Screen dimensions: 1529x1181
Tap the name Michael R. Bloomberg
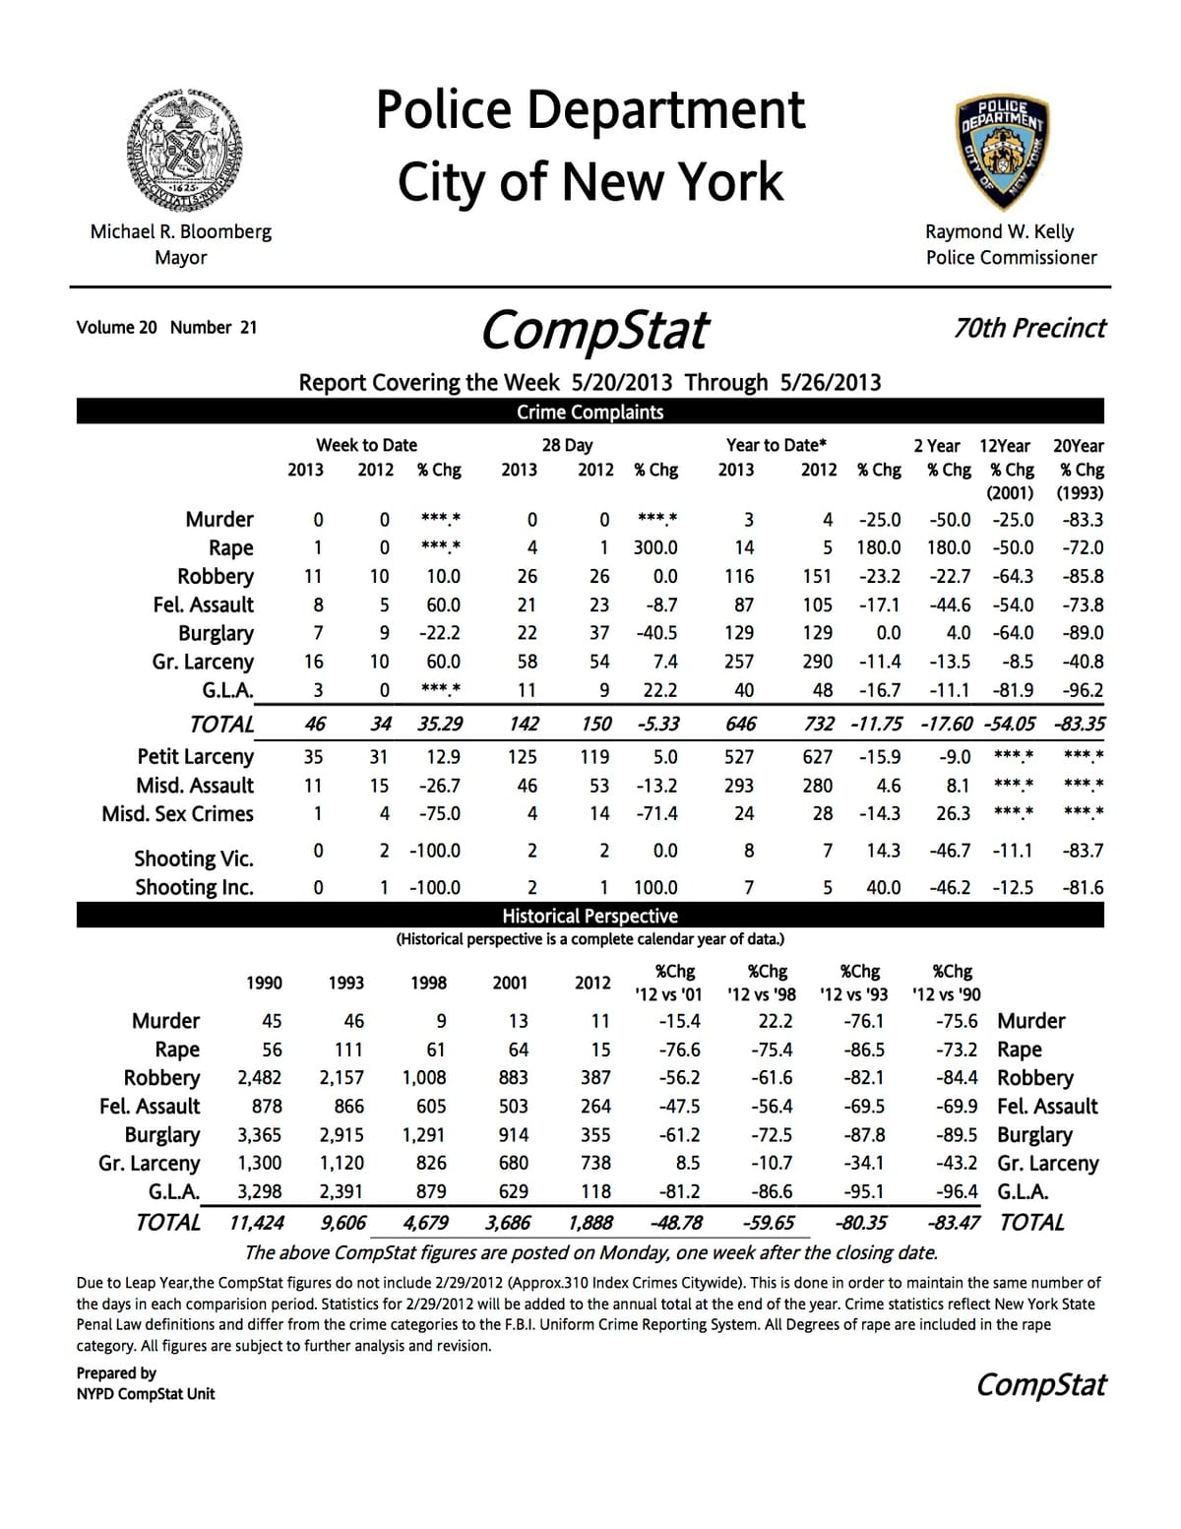pos(181,231)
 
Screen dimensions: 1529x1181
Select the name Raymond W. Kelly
pos(999,231)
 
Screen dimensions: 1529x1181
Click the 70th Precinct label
pos(1029,328)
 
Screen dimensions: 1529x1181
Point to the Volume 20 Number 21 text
pos(166,328)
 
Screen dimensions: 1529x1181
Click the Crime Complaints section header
pos(590,413)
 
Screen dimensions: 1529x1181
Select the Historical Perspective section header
pos(590,916)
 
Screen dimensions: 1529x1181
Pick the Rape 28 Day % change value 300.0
pos(654,548)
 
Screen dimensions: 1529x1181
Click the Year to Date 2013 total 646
pos(740,725)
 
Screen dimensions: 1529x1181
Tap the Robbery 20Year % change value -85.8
pos(1083,577)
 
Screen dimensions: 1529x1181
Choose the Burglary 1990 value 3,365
pos(259,1135)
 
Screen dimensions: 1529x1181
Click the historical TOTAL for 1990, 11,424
pos(257,1223)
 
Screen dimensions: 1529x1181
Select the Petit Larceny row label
pos(195,757)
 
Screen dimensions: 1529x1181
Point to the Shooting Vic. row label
pos(194,859)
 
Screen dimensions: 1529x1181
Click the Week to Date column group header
pos(366,445)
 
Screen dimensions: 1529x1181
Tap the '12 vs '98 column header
pos(761,994)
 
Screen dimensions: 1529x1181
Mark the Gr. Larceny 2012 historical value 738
pos(595,1164)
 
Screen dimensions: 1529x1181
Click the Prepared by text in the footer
pos(116,1373)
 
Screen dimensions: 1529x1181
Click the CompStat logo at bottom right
pos(1040,1385)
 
